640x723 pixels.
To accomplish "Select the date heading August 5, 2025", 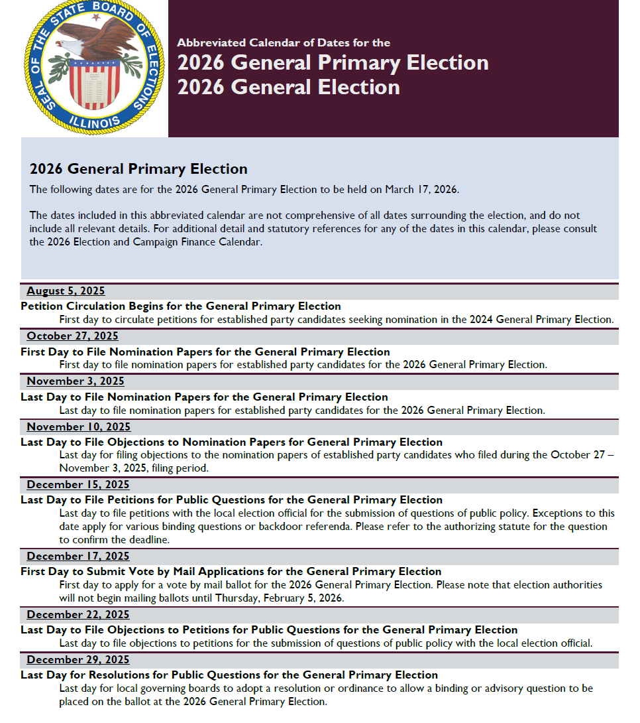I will (66, 291).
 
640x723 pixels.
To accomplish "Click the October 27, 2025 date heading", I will (72, 336).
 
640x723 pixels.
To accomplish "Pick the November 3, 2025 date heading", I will (75, 381).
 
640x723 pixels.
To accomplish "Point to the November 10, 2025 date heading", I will (78, 427).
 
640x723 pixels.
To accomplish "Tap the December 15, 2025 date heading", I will (78, 485).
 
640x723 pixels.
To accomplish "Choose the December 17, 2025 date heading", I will (78, 556).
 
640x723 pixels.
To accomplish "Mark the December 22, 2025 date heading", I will (78, 614).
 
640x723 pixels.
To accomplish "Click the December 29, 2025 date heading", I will (78, 659).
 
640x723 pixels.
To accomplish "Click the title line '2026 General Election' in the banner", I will (288, 87).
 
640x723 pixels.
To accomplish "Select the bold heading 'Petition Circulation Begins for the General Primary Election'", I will (181, 306).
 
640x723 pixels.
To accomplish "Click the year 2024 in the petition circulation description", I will (482, 319).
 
